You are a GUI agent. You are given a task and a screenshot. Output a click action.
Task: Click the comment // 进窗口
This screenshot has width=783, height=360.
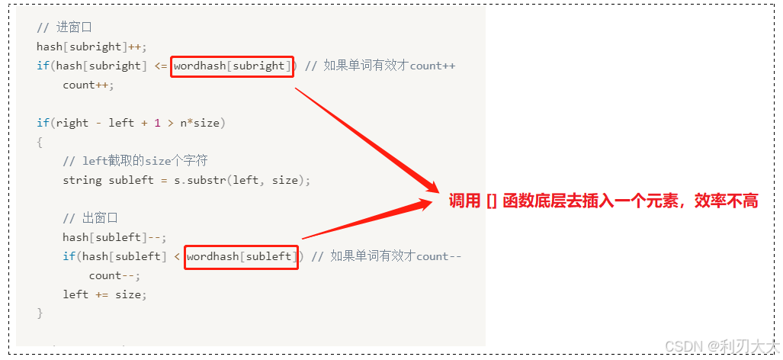point(64,27)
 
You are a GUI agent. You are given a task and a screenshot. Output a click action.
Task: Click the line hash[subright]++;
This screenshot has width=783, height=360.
point(91,47)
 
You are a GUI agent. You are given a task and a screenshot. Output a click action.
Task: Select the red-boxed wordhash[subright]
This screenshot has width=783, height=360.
point(232,66)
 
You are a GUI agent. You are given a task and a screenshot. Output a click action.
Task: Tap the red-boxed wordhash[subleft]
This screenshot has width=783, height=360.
point(241,256)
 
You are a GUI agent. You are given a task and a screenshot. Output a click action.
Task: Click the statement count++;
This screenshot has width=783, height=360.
point(88,85)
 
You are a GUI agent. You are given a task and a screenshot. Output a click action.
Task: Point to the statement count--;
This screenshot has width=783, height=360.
point(114,275)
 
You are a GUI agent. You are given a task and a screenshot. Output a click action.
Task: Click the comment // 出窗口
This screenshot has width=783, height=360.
point(90,218)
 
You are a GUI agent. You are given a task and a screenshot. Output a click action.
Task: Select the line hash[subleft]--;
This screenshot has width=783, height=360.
point(114,237)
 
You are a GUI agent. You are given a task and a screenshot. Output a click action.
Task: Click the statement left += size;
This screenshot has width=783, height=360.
point(104,294)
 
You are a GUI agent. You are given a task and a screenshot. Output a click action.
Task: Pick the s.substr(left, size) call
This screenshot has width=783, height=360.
point(251,180)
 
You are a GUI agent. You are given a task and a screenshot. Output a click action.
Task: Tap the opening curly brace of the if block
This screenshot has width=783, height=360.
point(40,142)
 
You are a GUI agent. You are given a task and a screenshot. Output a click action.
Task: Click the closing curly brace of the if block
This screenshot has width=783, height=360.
point(40,313)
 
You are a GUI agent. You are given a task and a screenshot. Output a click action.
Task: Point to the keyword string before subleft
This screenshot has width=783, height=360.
point(82,180)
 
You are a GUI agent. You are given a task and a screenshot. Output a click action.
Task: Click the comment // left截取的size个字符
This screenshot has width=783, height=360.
point(135,161)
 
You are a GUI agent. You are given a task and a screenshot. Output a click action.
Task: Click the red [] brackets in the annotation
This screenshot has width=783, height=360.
point(492,201)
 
